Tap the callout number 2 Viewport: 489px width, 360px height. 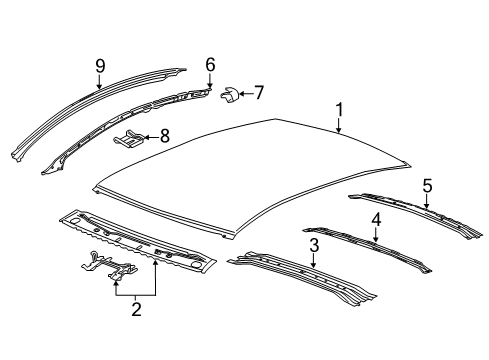136,309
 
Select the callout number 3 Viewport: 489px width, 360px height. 313,245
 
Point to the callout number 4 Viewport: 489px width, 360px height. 376,219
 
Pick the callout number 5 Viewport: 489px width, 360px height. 427,185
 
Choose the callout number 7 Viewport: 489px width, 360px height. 258,93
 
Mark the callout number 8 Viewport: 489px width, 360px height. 165,135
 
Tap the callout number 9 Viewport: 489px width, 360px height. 100,66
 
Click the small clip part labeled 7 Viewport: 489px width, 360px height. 229,95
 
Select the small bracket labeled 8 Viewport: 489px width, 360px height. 129,137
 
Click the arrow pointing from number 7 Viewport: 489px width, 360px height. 245,94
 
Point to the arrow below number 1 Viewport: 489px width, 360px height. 338,125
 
